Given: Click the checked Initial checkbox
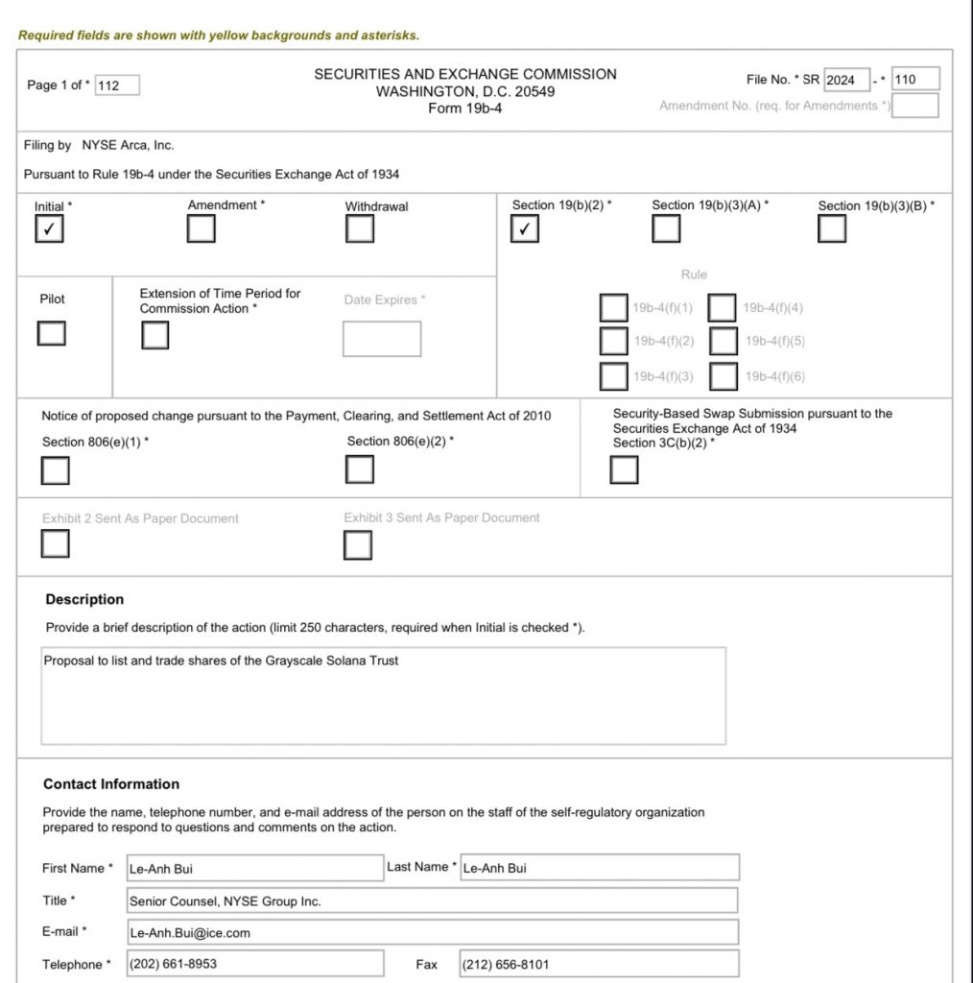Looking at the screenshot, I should [49, 229].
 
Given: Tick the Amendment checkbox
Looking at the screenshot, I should [202, 229].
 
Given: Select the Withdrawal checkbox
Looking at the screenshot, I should [360, 229].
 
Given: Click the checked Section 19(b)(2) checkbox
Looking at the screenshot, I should [524, 229].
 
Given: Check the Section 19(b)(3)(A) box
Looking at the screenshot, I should [666, 229].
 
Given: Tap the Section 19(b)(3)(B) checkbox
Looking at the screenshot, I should [832, 229].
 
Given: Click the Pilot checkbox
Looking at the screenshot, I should [52, 333].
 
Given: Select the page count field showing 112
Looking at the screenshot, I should [117, 85].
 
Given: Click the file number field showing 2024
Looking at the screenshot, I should [846, 80].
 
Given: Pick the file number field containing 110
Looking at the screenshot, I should [915, 80].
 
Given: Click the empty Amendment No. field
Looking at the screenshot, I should [914, 106].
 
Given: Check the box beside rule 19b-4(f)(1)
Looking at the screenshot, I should [613, 308].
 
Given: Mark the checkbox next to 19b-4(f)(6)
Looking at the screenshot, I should [724, 376].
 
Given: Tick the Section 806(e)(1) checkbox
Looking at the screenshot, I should [56, 471].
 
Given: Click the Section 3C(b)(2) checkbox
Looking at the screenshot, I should [624, 470].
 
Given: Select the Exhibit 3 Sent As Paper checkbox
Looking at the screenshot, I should [358, 545].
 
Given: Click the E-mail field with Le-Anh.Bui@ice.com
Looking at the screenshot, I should [433, 932].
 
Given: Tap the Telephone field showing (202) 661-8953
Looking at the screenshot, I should [255, 964].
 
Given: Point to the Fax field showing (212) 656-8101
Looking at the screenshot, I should [599, 964].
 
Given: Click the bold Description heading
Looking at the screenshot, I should [84, 600].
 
